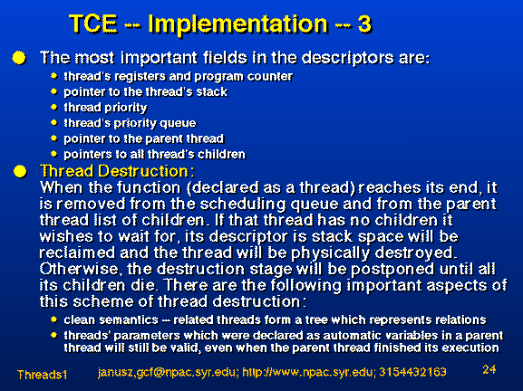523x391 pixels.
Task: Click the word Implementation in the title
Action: tap(237, 24)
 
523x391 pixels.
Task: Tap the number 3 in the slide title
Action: tap(364, 24)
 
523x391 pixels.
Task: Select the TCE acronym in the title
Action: tap(93, 24)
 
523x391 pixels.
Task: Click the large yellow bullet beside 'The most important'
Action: tap(19, 58)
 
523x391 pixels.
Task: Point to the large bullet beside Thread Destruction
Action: tap(20, 172)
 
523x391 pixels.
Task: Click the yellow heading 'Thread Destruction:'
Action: tap(117, 171)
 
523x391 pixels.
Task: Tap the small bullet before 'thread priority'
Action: tap(54, 107)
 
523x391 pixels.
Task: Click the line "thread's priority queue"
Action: tap(131, 123)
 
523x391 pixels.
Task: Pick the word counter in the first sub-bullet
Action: tap(270, 77)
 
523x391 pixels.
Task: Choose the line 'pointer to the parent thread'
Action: tap(144, 138)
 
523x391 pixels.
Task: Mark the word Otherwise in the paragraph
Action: tap(79, 269)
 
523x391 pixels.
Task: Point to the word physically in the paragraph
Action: tap(330, 253)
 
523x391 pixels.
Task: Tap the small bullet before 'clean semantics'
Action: tap(54, 319)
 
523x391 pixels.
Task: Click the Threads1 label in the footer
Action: tap(42, 375)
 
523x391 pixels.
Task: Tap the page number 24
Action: tap(489, 369)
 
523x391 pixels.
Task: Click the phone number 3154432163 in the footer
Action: tap(412, 372)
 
